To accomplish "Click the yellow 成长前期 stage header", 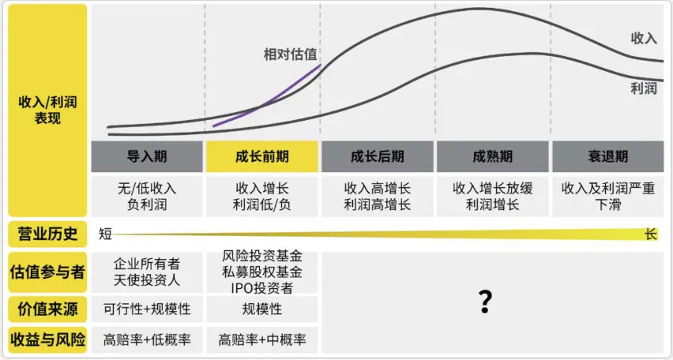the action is pos(261,156).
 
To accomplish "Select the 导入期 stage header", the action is pos(147,156).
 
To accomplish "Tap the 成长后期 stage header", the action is pos(377,156).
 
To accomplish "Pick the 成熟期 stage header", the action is pos(492,156).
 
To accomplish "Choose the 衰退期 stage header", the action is pos(607,156).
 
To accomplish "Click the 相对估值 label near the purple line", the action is pos(291,54).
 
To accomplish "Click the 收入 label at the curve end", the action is pos(644,38).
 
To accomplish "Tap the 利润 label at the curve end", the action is pos(644,88).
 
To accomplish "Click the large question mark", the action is pos(487,302).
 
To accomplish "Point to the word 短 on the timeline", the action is pos(104,234).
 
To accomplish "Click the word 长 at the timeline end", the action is pos(651,234).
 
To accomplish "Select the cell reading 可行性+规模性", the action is pos(147,309).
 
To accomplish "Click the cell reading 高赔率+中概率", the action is pos(261,340).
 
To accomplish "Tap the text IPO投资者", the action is pos(261,287).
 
